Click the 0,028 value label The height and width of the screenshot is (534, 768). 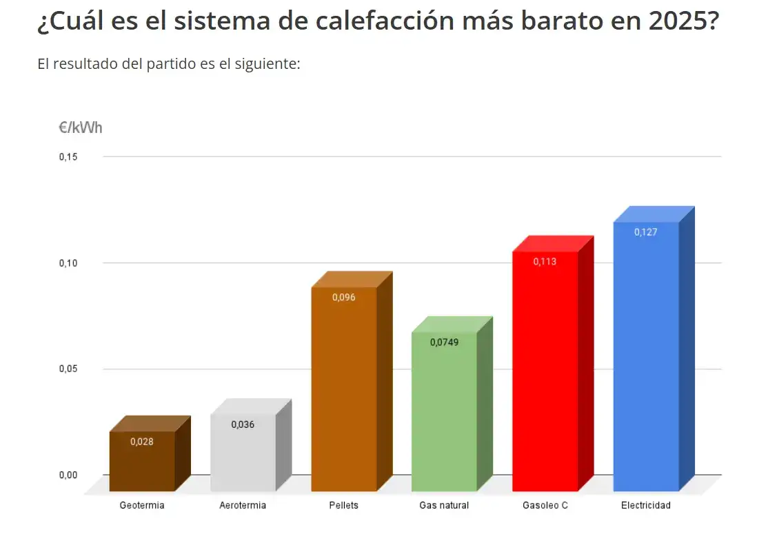pos(142,442)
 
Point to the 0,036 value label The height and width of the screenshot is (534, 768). pos(243,424)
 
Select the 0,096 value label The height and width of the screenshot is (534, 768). pos(343,298)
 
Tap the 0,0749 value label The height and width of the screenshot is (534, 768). pos(444,342)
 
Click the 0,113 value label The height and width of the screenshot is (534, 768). pos(545,262)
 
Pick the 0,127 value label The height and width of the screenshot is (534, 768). pos(646,232)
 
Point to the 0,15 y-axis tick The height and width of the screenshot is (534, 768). pos(68,157)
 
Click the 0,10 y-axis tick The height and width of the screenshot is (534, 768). pos(68,263)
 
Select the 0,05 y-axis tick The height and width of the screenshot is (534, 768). pos(68,369)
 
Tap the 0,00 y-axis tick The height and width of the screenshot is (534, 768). pos(68,475)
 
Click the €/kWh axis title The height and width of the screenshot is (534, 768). pos(81,128)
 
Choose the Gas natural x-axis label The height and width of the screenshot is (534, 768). pos(444,506)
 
